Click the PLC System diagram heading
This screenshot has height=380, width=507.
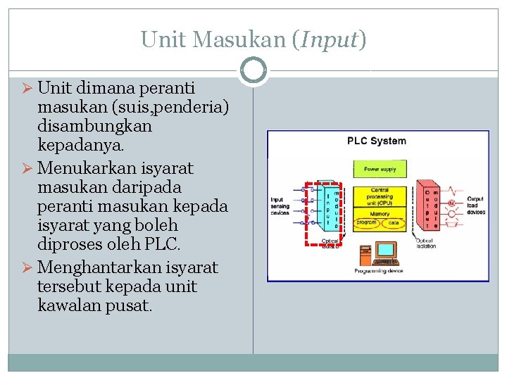[x=377, y=141]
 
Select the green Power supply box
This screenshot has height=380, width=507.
[x=380, y=170]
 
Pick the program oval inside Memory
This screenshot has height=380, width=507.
[x=365, y=222]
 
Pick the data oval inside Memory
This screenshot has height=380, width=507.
[x=394, y=222]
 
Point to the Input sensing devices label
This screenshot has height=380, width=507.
[x=280, y=206]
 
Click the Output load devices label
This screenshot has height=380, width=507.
[x=475, y=206]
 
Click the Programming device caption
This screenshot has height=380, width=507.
[x=378, y=271]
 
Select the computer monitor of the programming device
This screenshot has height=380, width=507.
[x=384, y=250]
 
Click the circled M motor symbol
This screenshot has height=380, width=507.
[x=451, y=203]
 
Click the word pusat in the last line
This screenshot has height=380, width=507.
[x=132, y=306]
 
